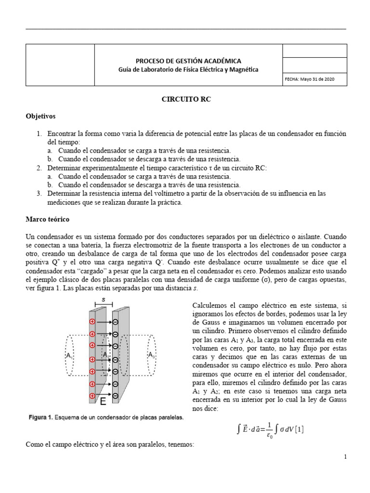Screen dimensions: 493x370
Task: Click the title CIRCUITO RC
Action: pyautogui.click(x=185, y=100)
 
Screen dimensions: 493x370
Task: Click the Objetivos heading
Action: pyautogui.click(x=40, y=116)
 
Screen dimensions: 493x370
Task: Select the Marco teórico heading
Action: pyautogui.click(x=47, y=219)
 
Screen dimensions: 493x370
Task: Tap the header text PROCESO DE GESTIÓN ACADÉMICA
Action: pyautogui.click(x=188, y=61)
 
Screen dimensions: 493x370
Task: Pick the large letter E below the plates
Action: pyautogui.click(x=103, y=401)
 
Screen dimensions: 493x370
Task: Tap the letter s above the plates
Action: pyautogui.click(x=104, y=298)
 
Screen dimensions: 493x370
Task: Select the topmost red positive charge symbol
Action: pyautogui.click(x=92, y=322)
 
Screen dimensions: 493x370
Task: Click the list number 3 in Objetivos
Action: pyautogui.click(x=39, y=193)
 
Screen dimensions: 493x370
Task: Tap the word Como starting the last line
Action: pyautogui.click(x=33, y=445)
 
